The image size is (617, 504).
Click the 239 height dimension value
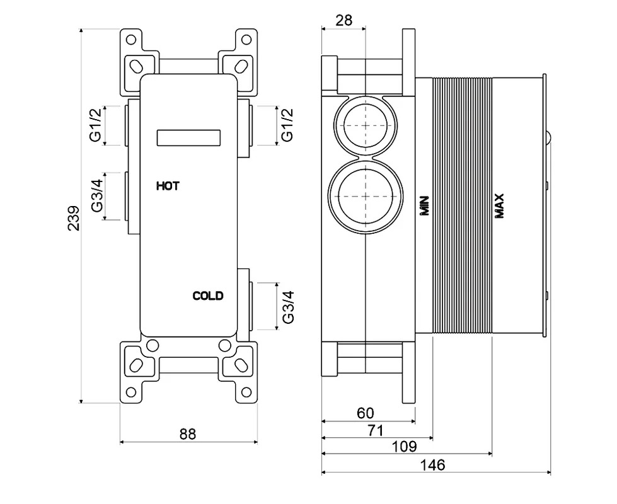(x=74, y=217)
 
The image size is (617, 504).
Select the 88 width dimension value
(x=188, y=434)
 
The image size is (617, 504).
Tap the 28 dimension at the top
(x=343, y=20)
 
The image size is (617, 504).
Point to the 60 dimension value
(x=365, y=413)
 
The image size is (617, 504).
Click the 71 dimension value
(x=376, y=430)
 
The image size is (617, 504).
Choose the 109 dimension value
(x=404, y=447)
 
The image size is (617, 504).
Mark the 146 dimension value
(x=432, y=465)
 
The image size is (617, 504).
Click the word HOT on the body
(x=168, y=186)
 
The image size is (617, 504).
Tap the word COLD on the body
(x=208, y=295)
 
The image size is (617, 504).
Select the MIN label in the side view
(x=425, y=205)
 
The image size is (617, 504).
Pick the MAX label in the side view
(x=499, y=205)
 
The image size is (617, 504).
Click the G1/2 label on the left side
(x=96, y=125)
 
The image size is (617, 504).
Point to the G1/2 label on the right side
(x=287, y=125)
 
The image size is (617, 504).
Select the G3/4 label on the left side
(x=97, y=195)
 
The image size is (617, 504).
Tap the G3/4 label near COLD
(x=288, y=307)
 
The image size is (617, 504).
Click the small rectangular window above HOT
(x=188, y=138)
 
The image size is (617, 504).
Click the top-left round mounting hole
(x=131, y=40)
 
